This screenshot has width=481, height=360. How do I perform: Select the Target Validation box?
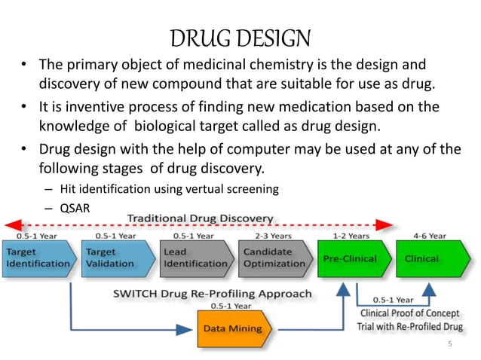pyautogui.click(x=113, y=258)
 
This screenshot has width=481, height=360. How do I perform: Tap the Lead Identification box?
pyautogui.click(x=193, y=258)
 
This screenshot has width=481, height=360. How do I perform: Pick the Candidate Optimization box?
pyautogui.click(x=274, y=258)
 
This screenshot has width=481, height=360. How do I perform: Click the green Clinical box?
pyautogui.click(x=427, y=258)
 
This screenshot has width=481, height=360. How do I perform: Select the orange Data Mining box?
pyautogui.click(x=232, y=328)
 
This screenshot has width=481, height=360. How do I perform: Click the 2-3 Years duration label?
pyautogui.click(x=270, y=234)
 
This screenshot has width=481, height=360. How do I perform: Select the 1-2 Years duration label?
pyautogui.click(x=347, y=234)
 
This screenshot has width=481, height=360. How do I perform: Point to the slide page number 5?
pyautogui.click(x=450, y=344)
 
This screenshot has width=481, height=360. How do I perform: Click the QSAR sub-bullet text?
pyautogui.click(x=73, y=207)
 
